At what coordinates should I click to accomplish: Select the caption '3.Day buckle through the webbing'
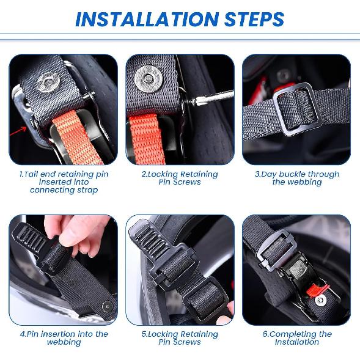[296, 178]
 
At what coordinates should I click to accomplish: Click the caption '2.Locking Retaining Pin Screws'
[180, 178]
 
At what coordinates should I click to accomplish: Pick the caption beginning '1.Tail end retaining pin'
[64, 182]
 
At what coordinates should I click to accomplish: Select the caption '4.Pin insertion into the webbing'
[64, 338]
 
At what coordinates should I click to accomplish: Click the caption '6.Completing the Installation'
[296, 338]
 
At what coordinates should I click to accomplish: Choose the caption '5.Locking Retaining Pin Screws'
[180, 338]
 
